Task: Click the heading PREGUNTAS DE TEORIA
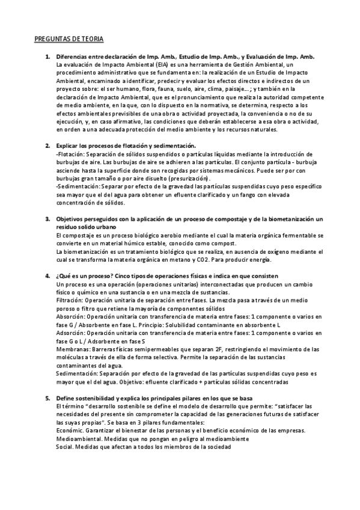coord(69,39)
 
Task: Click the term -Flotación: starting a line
coord(70,155)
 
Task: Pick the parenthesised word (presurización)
coord(182,179)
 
